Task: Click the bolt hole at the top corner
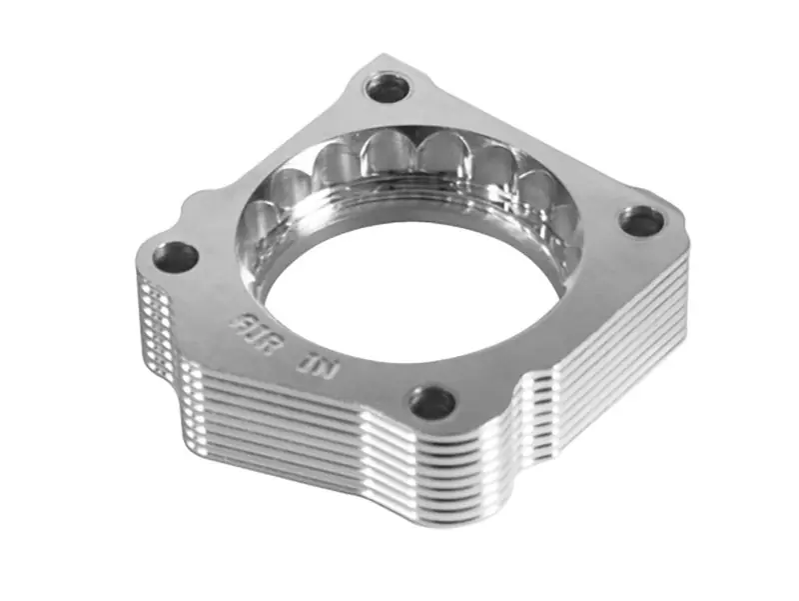click(x=387, y=89)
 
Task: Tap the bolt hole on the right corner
click(x=641, y=221)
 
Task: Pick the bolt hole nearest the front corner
click(x=432, y=402)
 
